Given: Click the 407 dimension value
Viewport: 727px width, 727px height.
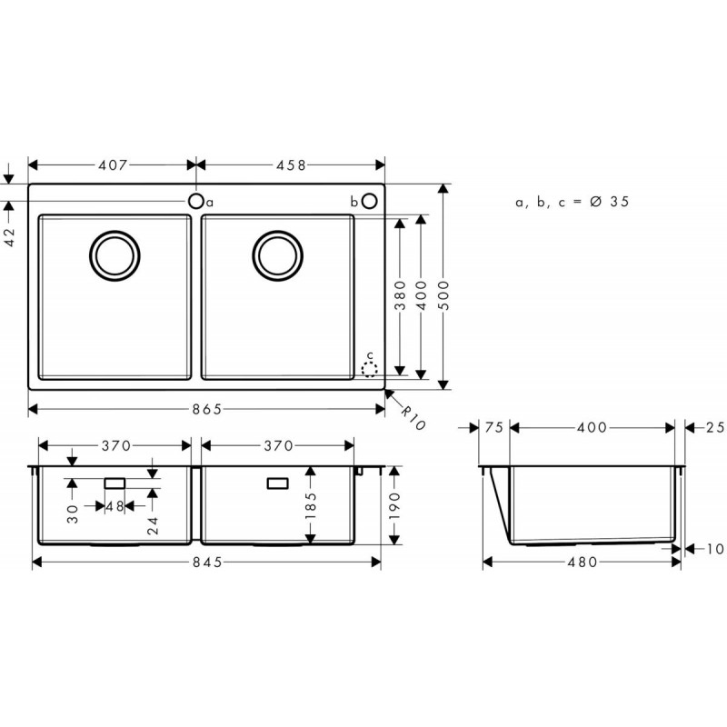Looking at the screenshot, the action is [113, 165].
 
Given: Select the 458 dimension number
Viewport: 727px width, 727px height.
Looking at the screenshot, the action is [291, 165].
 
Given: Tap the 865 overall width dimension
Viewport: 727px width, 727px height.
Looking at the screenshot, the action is [207, 410].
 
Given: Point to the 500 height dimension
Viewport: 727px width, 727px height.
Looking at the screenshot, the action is [443, 295].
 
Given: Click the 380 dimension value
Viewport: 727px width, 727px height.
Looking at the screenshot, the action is [400, 295].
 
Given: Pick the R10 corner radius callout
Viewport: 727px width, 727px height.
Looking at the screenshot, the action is [413, 418].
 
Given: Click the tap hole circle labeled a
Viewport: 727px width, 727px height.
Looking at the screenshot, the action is [196, 201].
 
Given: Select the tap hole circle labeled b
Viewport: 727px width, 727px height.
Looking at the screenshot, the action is [370, 201].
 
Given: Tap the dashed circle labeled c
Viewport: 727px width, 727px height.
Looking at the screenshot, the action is [370, 370].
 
